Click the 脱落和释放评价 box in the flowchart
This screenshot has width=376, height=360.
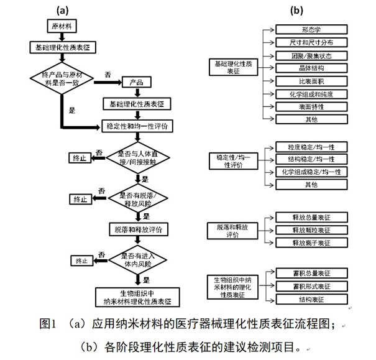coord(138,229)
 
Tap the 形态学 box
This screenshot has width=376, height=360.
coord(311,29)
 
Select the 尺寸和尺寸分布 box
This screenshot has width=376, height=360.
coord(311,42)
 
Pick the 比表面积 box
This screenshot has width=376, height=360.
coord(311,81)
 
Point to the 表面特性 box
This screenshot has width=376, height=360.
coord(311,106)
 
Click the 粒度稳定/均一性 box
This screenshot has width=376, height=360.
coord(311,147)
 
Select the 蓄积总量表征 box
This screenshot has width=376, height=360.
coord(311,272)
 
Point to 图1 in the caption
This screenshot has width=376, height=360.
coord(48,324)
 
